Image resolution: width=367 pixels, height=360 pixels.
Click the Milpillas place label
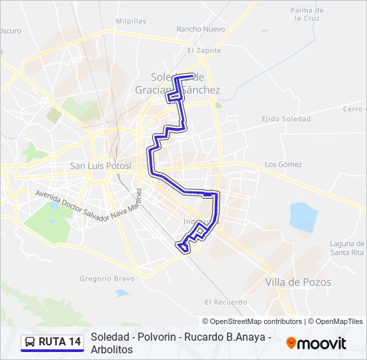click(x=131, y=21)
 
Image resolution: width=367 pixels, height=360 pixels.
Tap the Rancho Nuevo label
click(x=201, y=29)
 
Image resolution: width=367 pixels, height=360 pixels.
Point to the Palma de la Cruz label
click(x=308, y=15)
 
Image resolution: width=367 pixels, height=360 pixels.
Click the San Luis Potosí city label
click(x=101, y=165)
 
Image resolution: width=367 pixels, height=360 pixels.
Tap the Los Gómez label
click(x=284, y=165)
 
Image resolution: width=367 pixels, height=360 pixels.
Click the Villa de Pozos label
click(x=298, y=282)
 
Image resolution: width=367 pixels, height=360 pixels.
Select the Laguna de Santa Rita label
click(x=346, y=249)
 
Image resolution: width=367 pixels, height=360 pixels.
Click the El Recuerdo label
click(x=222, y=301)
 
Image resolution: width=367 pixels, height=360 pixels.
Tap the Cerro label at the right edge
click(x=354, y=109)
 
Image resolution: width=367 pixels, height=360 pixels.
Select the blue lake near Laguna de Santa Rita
click(x=302, y=217)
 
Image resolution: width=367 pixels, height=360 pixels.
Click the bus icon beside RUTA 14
click(x=30, y=342)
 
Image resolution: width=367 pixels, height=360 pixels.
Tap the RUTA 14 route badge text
click(x=60, y=342)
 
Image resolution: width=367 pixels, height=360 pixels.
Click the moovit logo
click(x=316, y=343)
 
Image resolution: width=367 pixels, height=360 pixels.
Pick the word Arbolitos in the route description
click(x=112, y=349)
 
